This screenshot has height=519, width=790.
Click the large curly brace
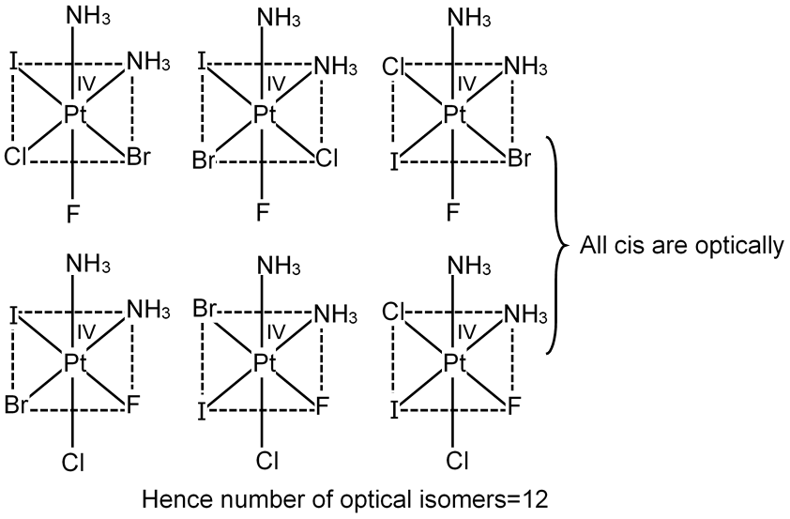tap(555, 246)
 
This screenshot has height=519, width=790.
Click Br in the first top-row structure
tap(139, 159)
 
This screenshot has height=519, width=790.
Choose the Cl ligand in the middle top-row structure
tap(327, 159)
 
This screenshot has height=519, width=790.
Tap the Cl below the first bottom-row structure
tap(74, 463)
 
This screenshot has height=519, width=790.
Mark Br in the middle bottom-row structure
tap(205, 309)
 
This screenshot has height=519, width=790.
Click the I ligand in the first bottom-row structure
tap(15, 313)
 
